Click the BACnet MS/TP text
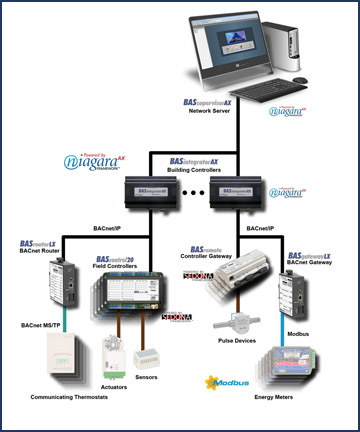point(43,326)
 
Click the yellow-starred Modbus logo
point(231,380)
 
